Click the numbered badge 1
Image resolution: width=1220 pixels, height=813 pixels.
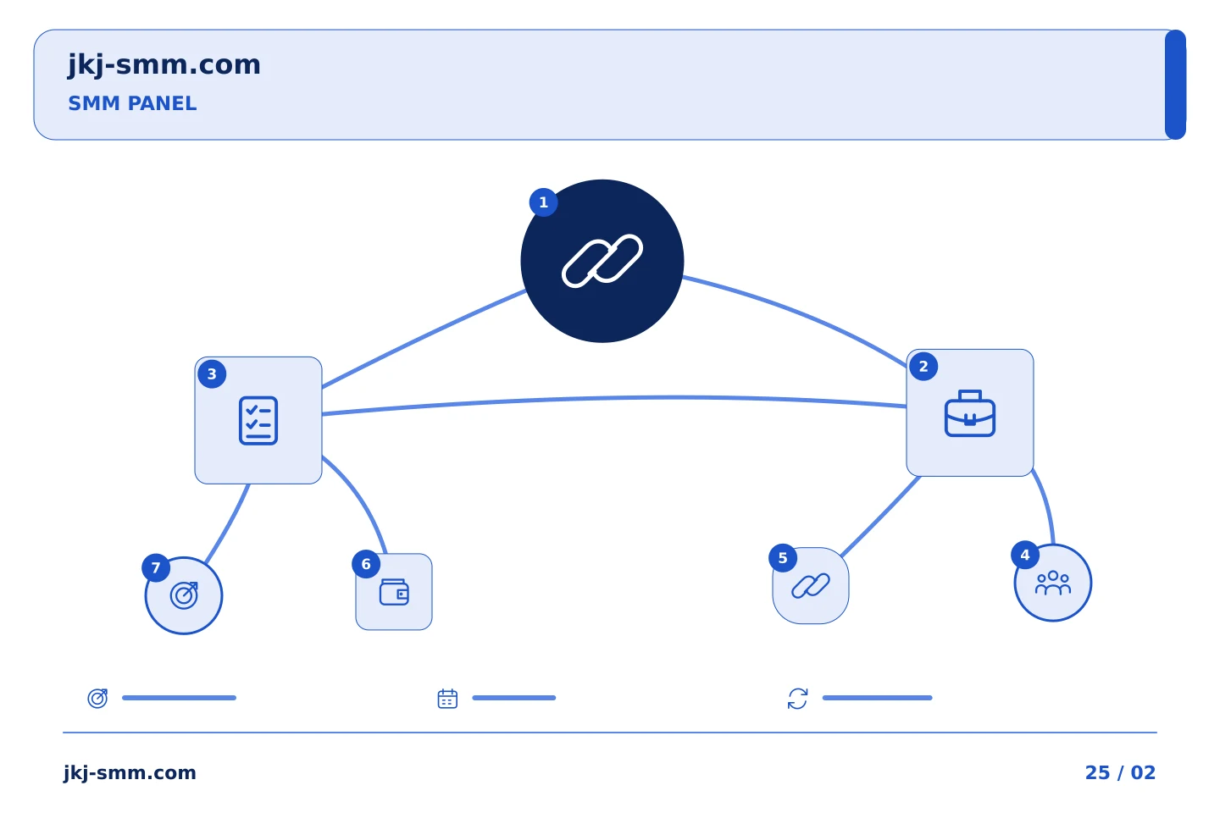pyautogui.click(x=543, y=202)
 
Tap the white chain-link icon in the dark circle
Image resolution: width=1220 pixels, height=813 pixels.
pyautogui.click(x=602, y=261)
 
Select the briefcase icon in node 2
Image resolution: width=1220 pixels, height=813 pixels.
pyautogui.click(x=969, y=413)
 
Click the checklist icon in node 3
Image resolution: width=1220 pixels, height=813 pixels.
pyautogui.click(x=258, y=420)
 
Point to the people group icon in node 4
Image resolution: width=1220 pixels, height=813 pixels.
pyautogui.click(x=1053, y=583)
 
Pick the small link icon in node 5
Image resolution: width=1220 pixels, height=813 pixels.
pyautogui.click(x=811, y=586)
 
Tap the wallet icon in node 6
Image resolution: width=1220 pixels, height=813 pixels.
pyautogui.click(x=394, y=592)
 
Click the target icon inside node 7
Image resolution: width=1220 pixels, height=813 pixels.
pyautogui.click(x=184, y=595)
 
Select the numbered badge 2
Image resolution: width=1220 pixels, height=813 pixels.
pyautogui.click(x=923, y=367)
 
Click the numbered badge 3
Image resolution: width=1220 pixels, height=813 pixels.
pyautogui.click(x=212, y=374)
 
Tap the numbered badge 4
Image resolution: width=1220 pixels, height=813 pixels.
pyautogui.click(x=1024, y=555)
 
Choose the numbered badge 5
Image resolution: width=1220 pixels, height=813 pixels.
pyautogui.click(x=783, y=558)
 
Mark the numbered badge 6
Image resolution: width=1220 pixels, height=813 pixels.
pyautogui.click(x=366, y=564)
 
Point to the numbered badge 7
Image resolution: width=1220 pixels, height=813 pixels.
pyautogui.click(x=156, y=568)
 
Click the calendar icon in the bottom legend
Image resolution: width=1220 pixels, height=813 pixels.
pyautogui.click(x=447, y=699)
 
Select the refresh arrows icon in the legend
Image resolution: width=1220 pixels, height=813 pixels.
pyautogui.click(x=797, y=699)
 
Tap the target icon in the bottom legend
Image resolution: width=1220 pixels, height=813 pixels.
pyautogui.click(x=97, y=698)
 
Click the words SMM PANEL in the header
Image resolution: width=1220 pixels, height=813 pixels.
pyautogui.click(x=132, y=103)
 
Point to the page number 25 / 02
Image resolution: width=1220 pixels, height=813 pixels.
pyautogui.click(x=1120, y=772)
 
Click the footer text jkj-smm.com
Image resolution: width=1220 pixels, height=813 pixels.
pyautogui.click(x=130, y=773)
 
